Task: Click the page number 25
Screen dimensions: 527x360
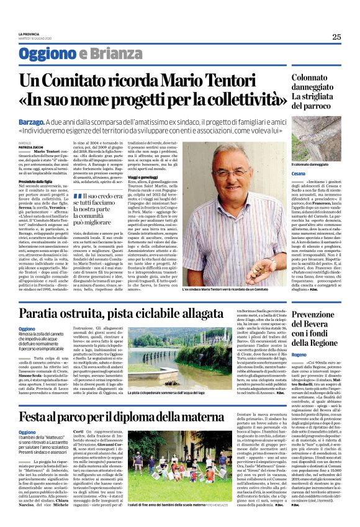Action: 336,37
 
